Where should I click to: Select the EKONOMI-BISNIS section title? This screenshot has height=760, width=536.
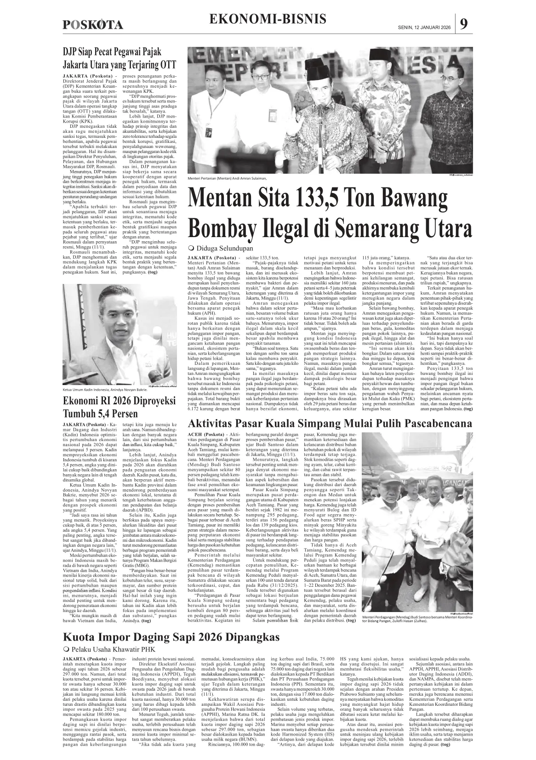click(x=268, y=19)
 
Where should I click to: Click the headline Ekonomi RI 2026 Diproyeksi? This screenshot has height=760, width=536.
click(x=120, y=401)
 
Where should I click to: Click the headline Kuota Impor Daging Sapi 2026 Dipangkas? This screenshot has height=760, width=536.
click(x=171, y=637)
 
